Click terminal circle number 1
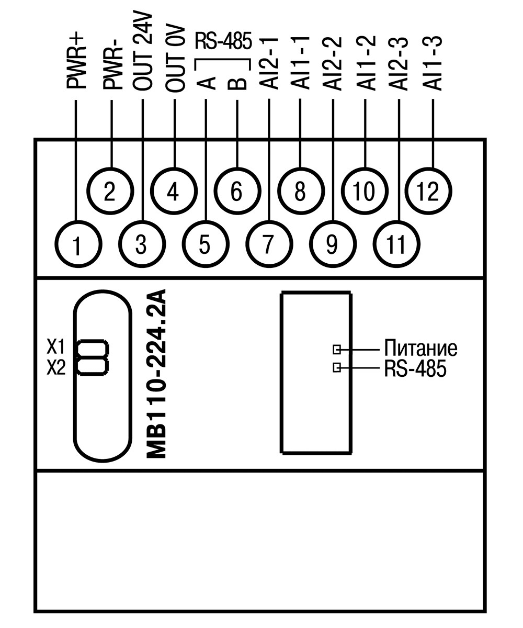click(77, 244)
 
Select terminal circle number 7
click(268, 244)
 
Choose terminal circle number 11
click(397, 244)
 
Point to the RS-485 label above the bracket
click(223, 41)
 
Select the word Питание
click(420, 348)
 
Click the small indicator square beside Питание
click(337, 349)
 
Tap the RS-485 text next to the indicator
click(415, 368)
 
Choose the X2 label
click(56, 368)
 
